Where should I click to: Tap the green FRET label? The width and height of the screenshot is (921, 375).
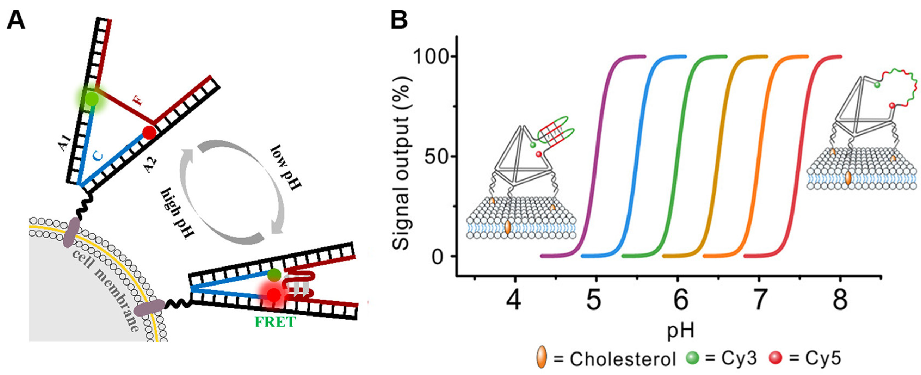click(x=275, y=322)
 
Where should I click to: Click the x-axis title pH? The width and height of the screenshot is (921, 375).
click(x=681, y=331)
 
